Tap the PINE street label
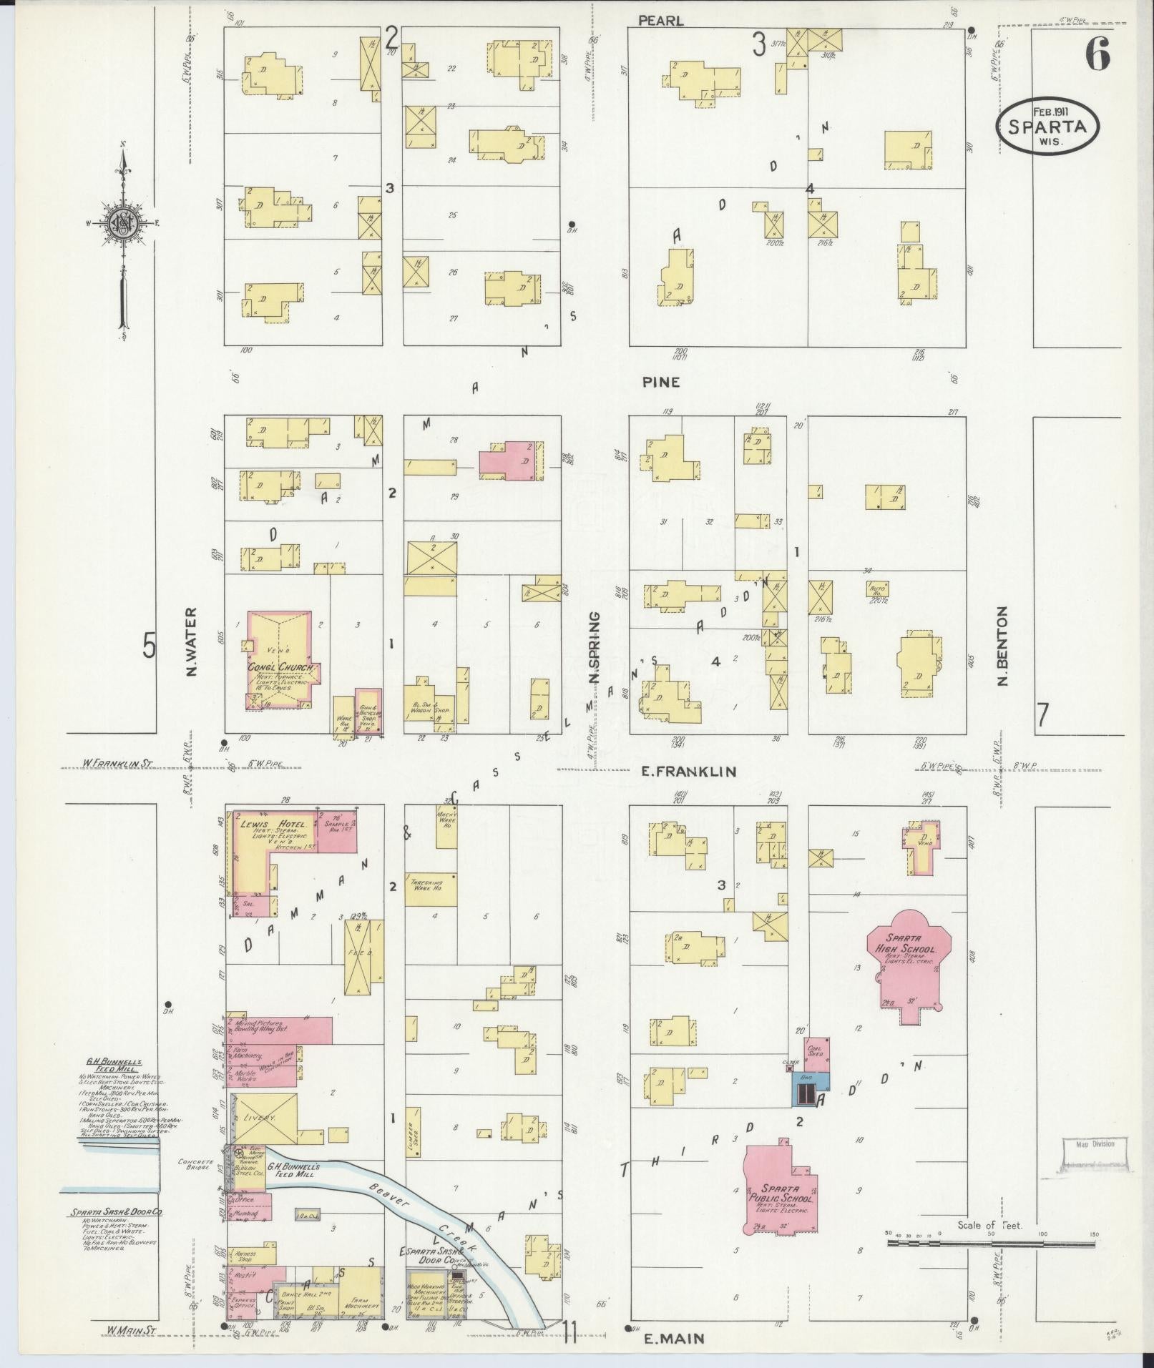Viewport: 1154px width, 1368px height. point(660,383)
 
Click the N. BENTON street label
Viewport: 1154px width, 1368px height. point(1002,646)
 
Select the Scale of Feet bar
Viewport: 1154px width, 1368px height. point(991,1244)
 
